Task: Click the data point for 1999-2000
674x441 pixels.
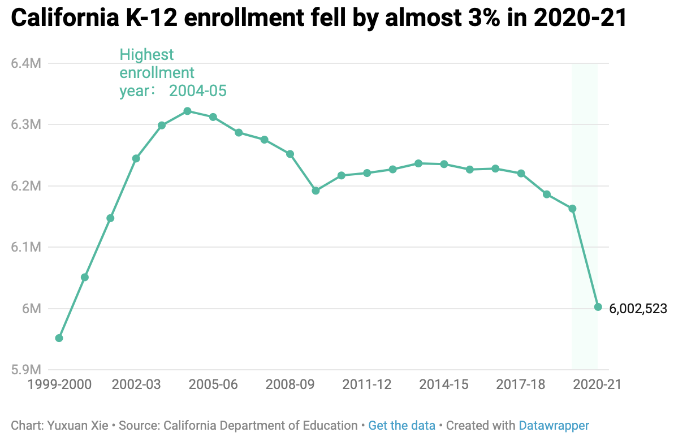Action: (x=59, y=338)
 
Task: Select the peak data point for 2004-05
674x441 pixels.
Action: (x=187, y=111)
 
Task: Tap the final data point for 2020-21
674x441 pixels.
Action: (x=598, y=307)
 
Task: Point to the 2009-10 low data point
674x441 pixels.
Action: (x=316, y=191)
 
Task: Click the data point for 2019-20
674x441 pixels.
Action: (x=573, y=209)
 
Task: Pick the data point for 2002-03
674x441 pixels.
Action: (x=136, y=159)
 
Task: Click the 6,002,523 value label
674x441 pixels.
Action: (x=638, y=309)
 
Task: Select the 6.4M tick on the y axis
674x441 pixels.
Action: (x=26, y=64)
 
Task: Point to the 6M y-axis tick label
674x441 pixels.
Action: (x=31, y=309)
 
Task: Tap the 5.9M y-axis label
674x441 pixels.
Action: (x=26, y=370)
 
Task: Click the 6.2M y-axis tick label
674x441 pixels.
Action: (x=26, y=186)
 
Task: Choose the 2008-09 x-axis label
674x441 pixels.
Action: (x=290, y=384)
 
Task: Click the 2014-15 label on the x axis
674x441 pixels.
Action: (x=444, y=384)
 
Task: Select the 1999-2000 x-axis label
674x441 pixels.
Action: (x=59, y=384)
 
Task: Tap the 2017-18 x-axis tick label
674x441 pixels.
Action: (x=521, y=384)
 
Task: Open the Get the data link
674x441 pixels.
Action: (x=402, y=426)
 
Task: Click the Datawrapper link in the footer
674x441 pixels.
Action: (x=554, y=426)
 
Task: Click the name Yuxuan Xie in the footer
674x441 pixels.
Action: (x=78, y=426)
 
